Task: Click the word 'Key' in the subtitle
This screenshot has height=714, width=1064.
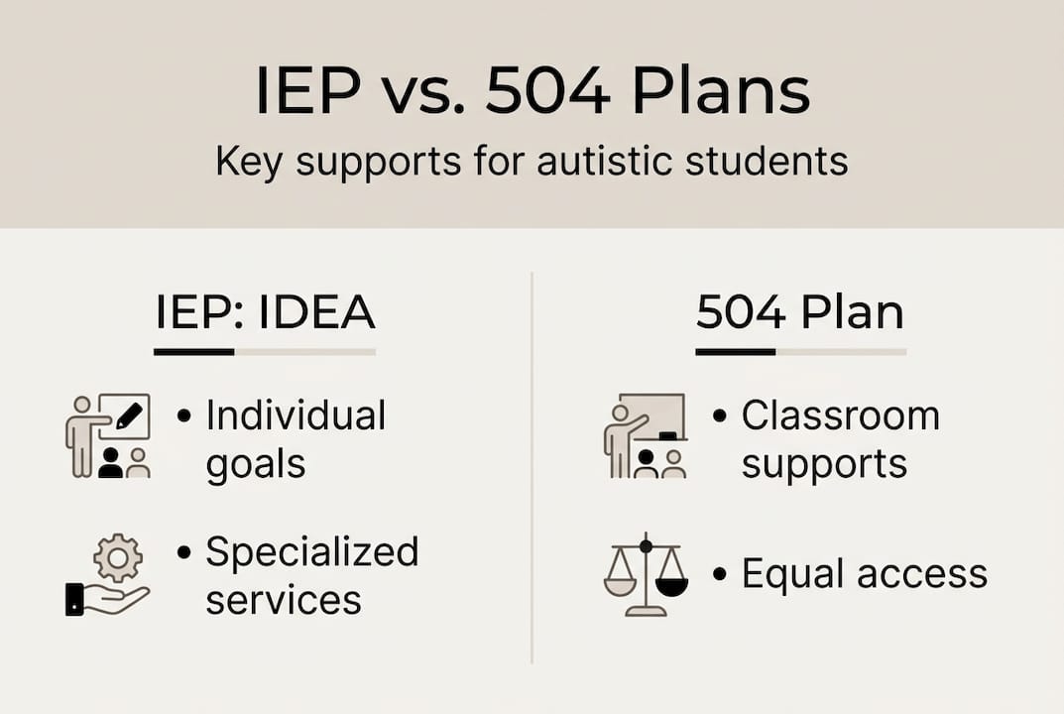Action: point(250,162)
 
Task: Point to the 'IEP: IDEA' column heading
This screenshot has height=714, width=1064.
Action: point(265,313)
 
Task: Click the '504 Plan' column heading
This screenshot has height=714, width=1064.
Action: point(800,313)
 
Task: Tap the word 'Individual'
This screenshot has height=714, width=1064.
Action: point(296,416)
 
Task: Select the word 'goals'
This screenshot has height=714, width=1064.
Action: point(256,464)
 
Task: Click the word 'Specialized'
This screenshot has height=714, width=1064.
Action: point(311,552)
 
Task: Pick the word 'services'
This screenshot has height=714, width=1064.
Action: point(283,599)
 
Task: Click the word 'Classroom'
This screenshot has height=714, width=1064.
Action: point(840,416)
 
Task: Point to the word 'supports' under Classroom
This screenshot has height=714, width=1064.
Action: point(824,463)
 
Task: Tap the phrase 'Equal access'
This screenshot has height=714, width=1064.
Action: point(864,574)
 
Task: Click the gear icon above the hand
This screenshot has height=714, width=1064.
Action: point(118,559)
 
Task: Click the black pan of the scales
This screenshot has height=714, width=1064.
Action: point(671,588)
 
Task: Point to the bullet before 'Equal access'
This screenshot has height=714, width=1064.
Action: point(720,575)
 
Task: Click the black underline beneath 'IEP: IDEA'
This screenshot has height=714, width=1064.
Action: point(193,351)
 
